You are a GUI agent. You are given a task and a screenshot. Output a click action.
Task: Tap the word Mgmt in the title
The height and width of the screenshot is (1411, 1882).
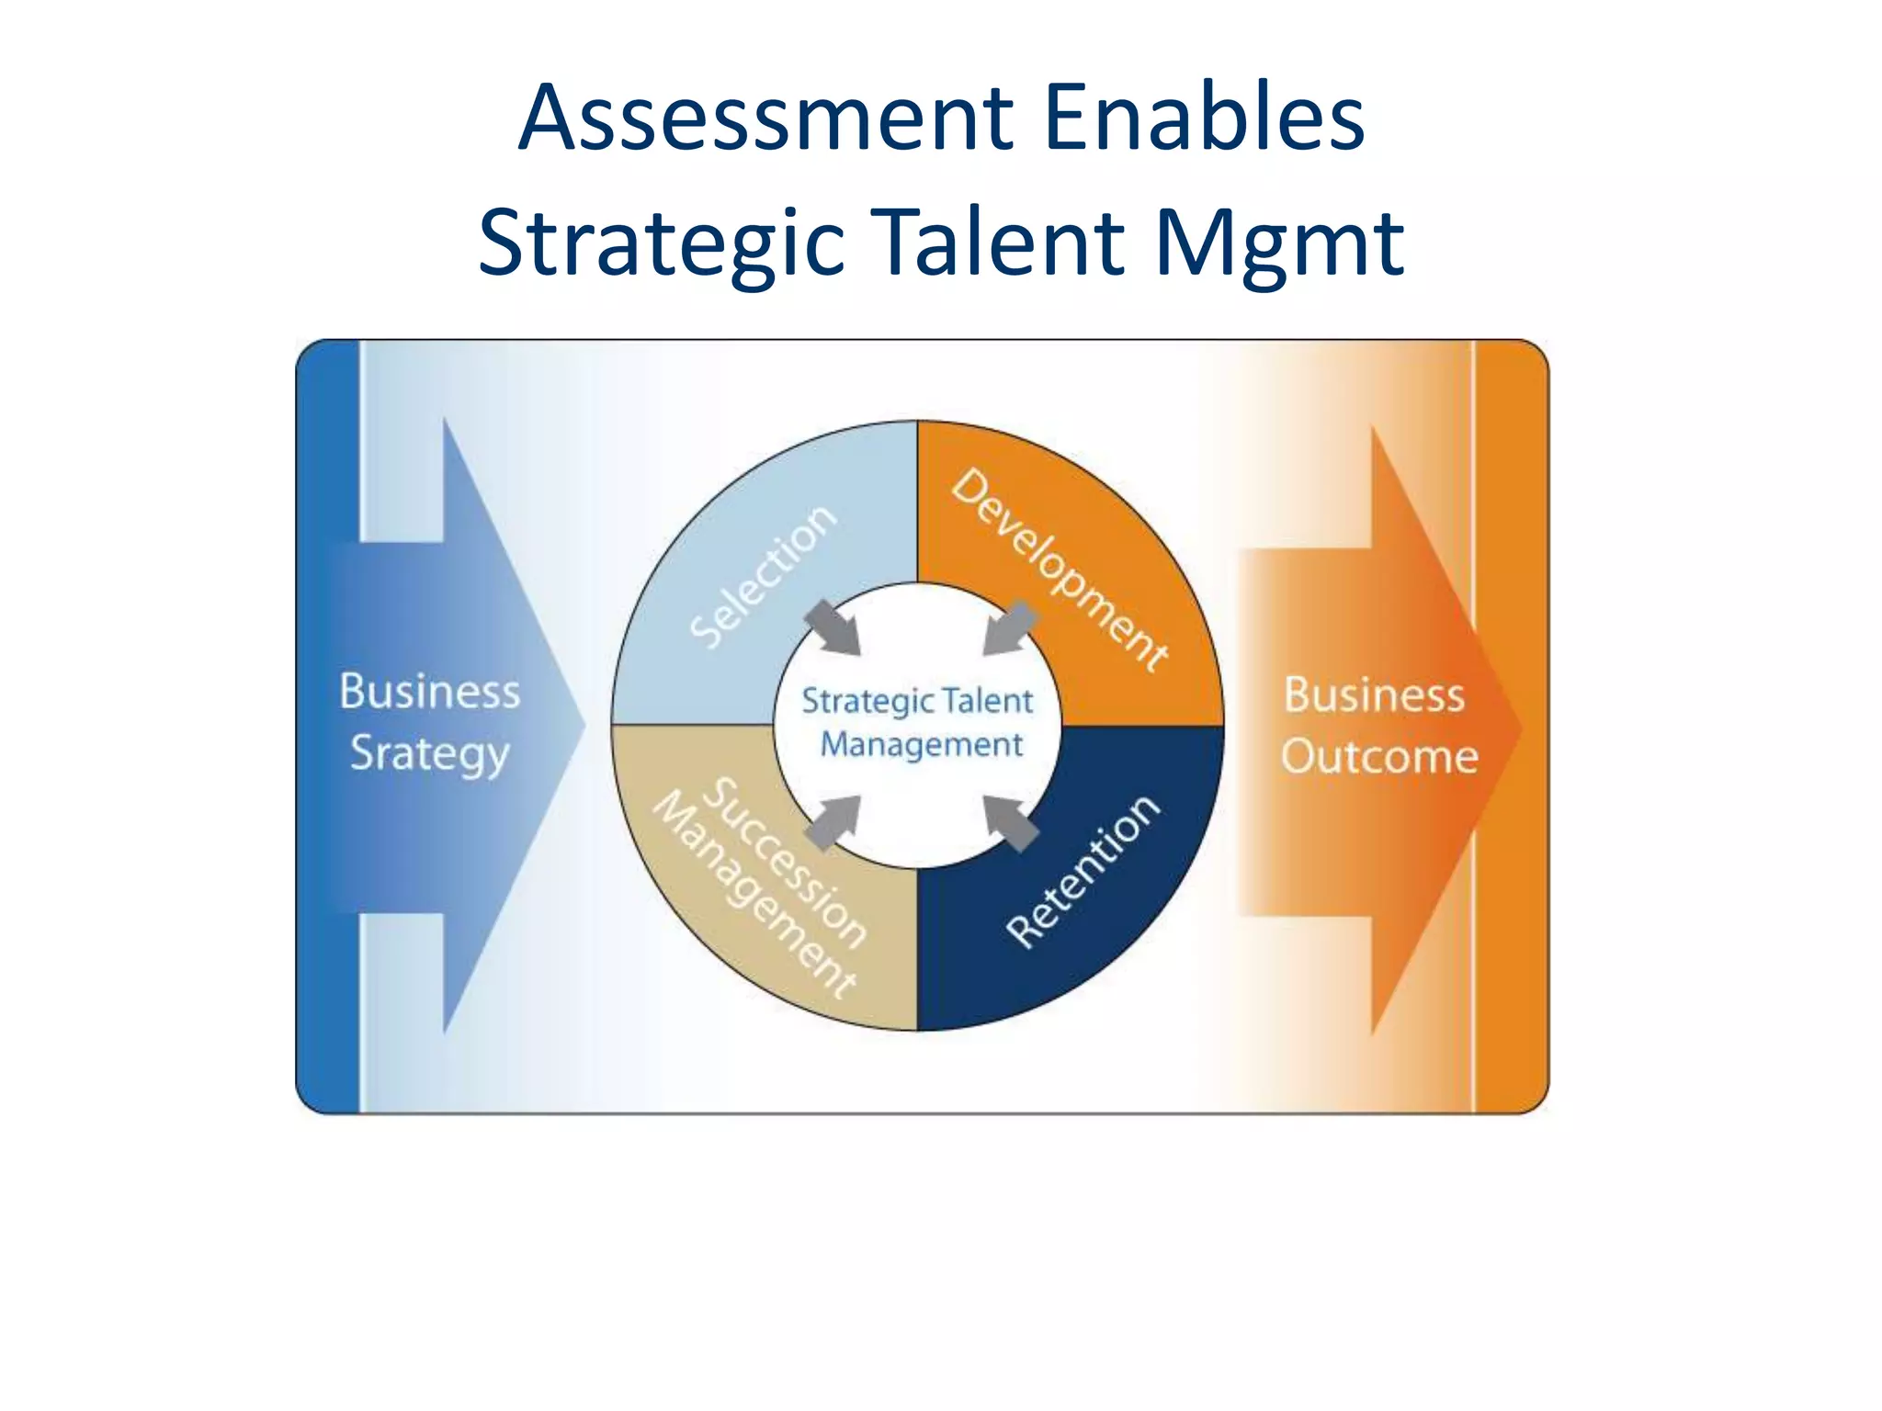click(x=1278, y=243)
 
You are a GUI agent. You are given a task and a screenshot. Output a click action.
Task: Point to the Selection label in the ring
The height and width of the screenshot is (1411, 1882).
click(x=763, y=577)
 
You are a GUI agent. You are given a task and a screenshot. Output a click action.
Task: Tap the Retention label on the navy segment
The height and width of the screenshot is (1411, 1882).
click(x=1083, y=870)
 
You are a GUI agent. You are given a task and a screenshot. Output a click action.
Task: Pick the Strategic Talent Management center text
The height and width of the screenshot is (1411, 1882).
click(x=918, y=722)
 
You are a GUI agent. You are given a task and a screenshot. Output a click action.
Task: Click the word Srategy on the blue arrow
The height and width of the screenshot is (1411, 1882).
click(x=429, y=754)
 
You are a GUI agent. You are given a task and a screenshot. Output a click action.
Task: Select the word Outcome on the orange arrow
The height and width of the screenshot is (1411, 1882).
click(x=1379, y=757)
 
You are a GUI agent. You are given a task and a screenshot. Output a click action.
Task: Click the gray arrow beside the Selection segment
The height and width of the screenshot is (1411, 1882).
click(x=833, y=627)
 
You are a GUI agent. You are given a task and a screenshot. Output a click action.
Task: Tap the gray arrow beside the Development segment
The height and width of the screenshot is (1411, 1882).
click(x=1010, y=628)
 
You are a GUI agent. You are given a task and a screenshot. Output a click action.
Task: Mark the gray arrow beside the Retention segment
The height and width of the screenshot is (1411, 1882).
click(x=1011, y=822)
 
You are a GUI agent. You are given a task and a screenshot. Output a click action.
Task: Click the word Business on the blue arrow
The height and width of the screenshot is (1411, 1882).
click(x=429, y=692)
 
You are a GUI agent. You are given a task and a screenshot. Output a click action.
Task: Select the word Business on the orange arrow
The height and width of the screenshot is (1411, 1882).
click(x=1374, y=694)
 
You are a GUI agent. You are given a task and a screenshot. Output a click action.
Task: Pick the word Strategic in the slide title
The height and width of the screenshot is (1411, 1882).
click(x=661, y=243)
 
